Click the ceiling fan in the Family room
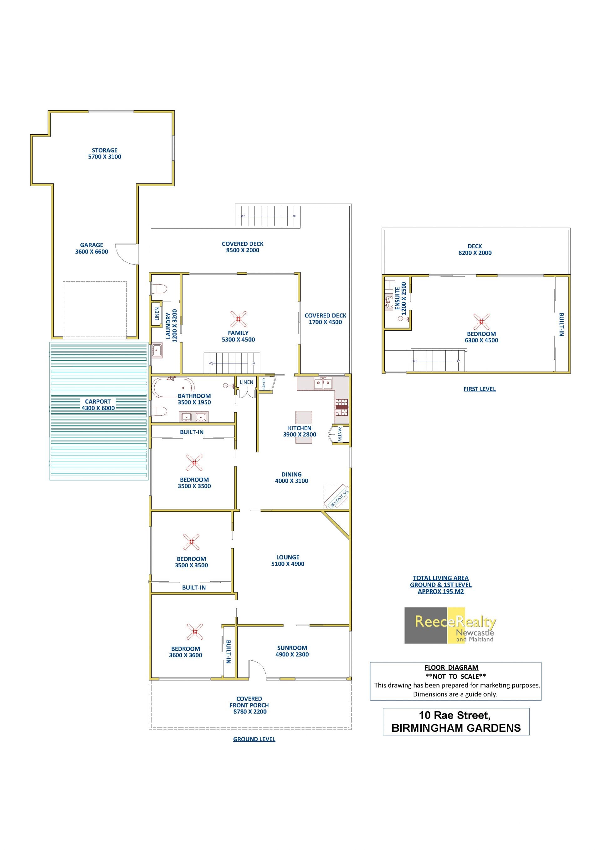tap(238, 319)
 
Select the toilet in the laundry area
tap(159, 289)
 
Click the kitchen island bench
tap(303, 427)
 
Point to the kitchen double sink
tap(323, 384)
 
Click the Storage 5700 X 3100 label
tap(105, 153)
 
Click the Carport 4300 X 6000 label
tap(98, 404)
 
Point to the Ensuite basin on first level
tap(389, 301)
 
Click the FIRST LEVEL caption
tap(480, 389)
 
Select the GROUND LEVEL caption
tap(254, 739)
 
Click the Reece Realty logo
tap(450, 626)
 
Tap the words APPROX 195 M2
tap(441, 591)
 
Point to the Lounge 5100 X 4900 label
tap(288, 560)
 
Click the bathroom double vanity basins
tap(193, 417)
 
